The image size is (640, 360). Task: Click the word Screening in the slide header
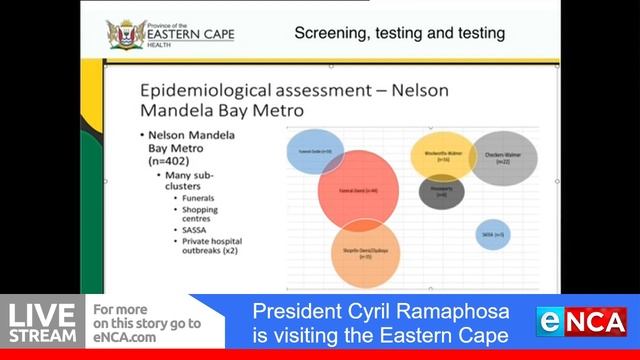[329, 33]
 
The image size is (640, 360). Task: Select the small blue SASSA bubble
[494, 234]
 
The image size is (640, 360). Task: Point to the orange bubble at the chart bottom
[365, 254]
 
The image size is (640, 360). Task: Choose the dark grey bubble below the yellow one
[441, 191]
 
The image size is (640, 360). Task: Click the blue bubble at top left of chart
[315, 150]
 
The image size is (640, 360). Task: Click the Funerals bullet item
[200, 197]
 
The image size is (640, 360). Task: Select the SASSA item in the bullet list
[195, 229]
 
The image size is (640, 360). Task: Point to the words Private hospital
[212, 241]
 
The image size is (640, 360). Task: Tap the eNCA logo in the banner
[583, 322]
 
